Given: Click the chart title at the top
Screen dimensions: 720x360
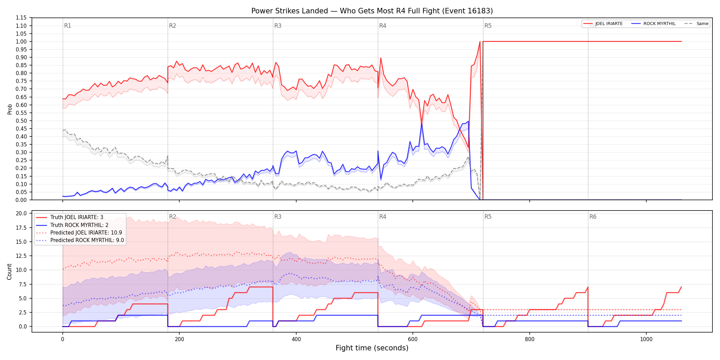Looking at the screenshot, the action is (x=372, y=11).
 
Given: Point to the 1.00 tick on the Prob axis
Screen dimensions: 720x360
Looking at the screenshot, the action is (x=21, y=41).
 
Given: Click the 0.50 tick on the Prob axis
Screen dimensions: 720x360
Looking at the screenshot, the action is (x=21, y=121).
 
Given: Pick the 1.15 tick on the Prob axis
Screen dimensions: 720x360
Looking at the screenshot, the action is (x=21, y=18).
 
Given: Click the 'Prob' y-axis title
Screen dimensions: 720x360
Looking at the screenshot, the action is (x=10, y=109).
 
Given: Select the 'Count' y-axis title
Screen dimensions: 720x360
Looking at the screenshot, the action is (x=9, y=272).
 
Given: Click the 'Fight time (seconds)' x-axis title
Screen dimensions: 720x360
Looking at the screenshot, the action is (x=372, y=348).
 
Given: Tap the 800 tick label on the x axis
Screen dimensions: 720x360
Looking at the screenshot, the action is (x=530, y=339).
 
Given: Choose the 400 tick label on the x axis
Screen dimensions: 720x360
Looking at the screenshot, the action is (x=296, y=339).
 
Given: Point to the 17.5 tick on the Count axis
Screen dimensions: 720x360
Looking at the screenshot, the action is (x=22, y=228).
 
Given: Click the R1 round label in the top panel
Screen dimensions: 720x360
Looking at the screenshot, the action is (x=68, y=26).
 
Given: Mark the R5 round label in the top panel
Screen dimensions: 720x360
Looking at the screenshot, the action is (x=488, y=26).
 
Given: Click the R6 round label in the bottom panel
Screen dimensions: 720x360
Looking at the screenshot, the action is (x=593, y=217).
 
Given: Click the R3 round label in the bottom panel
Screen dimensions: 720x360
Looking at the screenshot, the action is (x=278, y=217).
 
